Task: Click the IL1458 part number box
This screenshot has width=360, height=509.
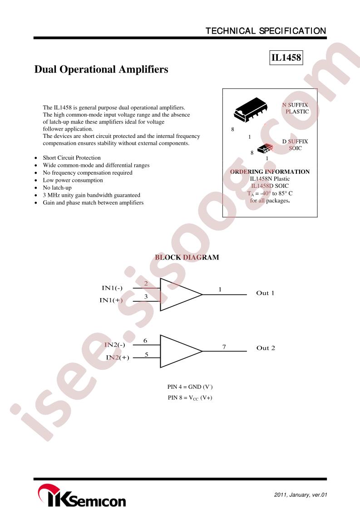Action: tap(286, 58)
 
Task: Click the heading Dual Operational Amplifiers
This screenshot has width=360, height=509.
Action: tap(101, 69)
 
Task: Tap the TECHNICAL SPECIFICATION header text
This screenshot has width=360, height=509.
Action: tap(266, 31)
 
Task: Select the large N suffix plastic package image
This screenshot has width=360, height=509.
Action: tap(251, 109)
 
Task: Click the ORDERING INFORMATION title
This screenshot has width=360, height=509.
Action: tap(270, 172)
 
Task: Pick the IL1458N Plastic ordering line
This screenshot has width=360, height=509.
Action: tap(270, 179)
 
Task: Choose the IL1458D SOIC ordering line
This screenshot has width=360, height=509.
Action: tap(270, 186)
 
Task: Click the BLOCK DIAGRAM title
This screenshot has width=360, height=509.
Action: tap(187, 257)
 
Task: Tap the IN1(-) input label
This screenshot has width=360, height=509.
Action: tap(112, 288)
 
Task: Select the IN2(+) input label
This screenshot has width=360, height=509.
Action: tap(118, 357)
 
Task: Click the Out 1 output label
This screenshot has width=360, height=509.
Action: tap(265, 293)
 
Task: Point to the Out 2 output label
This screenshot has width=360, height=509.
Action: tap(266, 348)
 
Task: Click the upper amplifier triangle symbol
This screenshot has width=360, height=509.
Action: tap(181, 294)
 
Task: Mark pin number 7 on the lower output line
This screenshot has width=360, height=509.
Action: tap(224, 347)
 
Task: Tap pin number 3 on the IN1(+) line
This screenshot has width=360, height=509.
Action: tap(146, 296)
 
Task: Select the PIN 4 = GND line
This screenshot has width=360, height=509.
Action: tap(190, 387)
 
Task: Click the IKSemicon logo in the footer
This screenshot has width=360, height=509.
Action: tap(82, 495)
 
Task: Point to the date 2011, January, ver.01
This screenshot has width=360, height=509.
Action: tap(301, 495)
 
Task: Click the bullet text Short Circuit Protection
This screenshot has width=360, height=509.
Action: tap(72, 158)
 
